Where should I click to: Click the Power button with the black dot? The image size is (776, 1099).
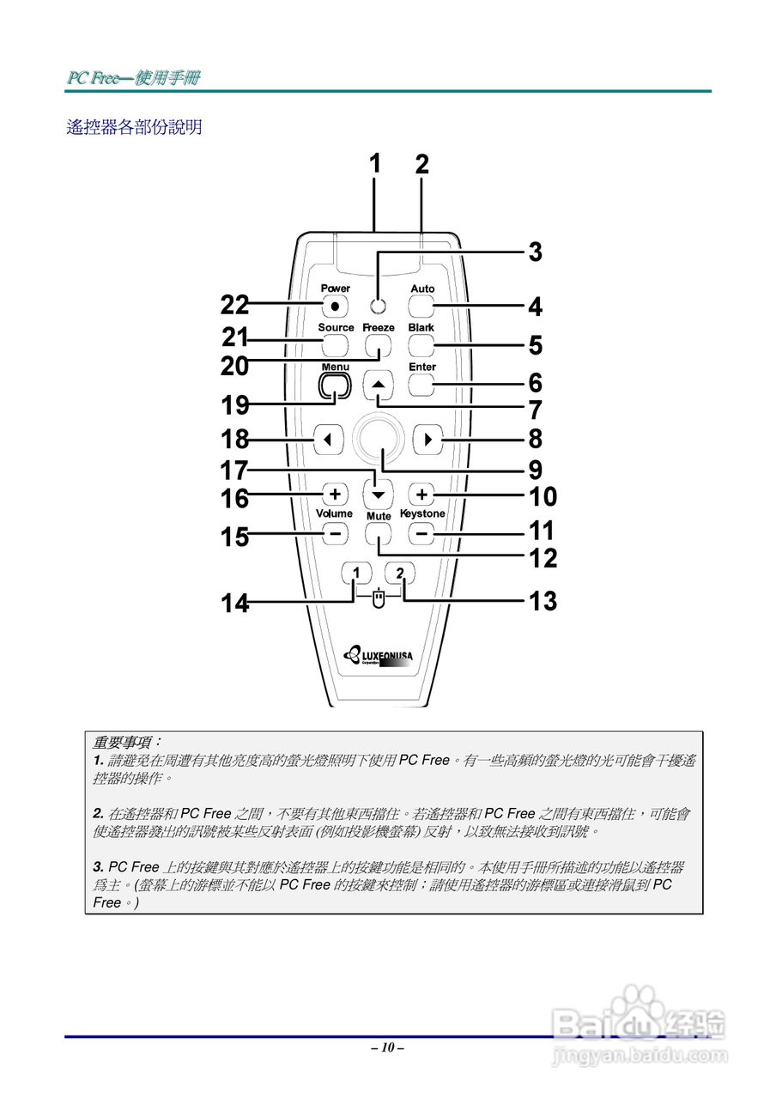tap(335, 306)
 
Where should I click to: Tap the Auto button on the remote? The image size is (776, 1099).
tap(421, 306)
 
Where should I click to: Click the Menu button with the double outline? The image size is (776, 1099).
tap(335, 386)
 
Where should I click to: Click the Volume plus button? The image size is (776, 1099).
tap(335, 495)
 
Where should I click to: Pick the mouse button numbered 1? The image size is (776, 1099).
tap(356, 573)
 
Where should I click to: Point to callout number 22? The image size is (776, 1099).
tap(234, 305)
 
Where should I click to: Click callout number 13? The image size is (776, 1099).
tap(543, 601)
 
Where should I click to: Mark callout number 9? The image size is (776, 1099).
tap(536, 470)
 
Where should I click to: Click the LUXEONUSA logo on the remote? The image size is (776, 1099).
tap(378, 657)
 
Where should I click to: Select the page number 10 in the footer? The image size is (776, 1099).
tap(388, 1047)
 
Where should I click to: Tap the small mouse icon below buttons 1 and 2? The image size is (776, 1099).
tap(379, 600)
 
